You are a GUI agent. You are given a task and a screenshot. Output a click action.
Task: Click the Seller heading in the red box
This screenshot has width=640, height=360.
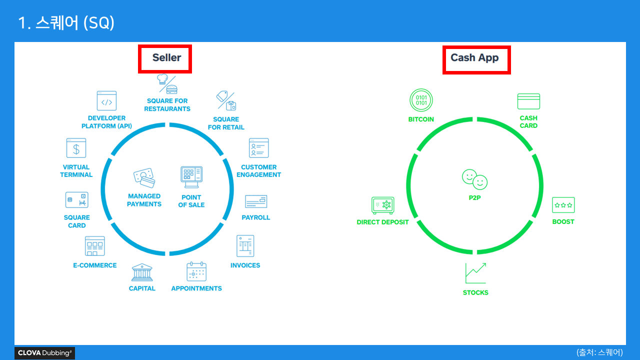pyautogui.click(x=166, y=58)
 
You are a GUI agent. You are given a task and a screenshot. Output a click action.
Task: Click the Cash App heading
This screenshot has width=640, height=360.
pyautogui.click(x=474, y=58)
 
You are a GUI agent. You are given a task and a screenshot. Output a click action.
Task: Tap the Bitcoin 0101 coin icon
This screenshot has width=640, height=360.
pyautogui.click(x=421, y=100)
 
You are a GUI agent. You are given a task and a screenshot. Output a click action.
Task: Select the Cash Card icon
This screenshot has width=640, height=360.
pyautogui.click(x=528, y=101)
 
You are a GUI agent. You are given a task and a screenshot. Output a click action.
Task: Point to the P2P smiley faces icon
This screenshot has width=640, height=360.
pyautogui.click(x=474, y=179)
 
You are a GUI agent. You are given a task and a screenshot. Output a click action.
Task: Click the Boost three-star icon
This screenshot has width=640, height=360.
pyautogui.click(x=563, y=205)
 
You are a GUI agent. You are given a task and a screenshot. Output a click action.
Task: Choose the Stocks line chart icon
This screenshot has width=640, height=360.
pyautogui.click(x=475, y=273)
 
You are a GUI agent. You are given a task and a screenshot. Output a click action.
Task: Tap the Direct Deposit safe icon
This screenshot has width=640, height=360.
pyautogui.click(x=382, y=205)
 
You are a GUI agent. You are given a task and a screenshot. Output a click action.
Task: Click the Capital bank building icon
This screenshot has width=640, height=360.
pyautogui.click(x=142, y=273)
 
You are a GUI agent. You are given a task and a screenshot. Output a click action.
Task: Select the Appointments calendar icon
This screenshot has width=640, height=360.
pyautogui.click(x=196, y=271)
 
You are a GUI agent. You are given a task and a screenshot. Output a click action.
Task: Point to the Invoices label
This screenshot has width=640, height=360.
pyautogui.click(x=245, y=265)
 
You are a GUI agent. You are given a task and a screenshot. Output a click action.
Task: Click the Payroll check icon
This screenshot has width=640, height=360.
pyautogui.click(x=256, y=201)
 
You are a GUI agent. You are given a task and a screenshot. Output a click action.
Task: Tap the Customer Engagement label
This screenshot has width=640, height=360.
pyautogui.click(x=258, y=171)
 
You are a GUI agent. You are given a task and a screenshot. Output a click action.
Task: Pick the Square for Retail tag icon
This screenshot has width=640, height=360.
pyautogui.click(x=226, y=100)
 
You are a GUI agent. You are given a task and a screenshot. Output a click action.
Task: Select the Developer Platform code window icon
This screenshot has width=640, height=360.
pyautogui.click(x=106, y=101)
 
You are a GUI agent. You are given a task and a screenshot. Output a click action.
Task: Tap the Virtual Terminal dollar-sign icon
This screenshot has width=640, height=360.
pyautogui.click(x=76, y=148)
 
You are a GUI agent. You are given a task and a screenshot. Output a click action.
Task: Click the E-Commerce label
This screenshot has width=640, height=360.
pyautogui.click(x=95, y=265)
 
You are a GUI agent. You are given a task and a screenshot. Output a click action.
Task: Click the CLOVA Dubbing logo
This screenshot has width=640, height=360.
pyautogui.click(x=45, y=353)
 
